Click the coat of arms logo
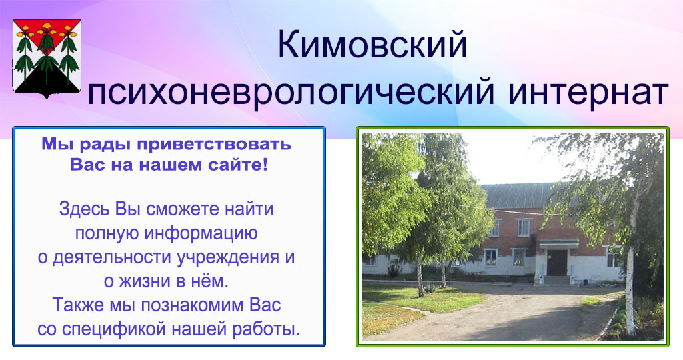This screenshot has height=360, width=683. click(x=47, y=59)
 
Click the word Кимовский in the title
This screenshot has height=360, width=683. click(x=372, y=45)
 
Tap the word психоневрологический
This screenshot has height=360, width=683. click(x=291, y=91)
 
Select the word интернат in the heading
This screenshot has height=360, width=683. click(x=588, y=91)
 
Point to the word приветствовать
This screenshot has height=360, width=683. click(x=214, y=145)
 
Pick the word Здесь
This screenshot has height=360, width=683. click(x=85, y=209)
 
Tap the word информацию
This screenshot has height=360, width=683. click(x=201, y=234)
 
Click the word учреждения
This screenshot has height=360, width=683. click(x=229, y=258)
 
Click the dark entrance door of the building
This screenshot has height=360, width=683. click(x=557, y=263)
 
